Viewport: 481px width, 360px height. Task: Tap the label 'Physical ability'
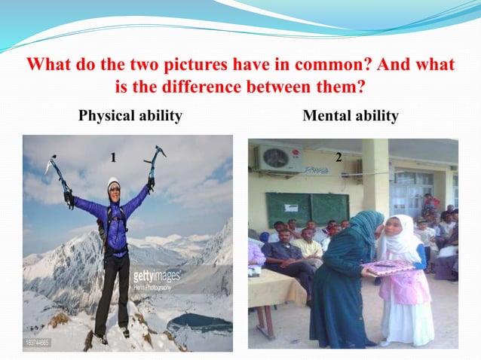(x=130, y=116)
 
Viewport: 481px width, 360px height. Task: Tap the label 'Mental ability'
(x=351, y=116)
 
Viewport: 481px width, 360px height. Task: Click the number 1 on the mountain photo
(x=112, y=157)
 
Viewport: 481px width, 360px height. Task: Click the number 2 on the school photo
(x=339, y=157)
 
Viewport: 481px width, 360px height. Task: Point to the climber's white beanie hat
(x=113, y=184)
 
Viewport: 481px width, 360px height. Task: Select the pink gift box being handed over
(x=388, y=267)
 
